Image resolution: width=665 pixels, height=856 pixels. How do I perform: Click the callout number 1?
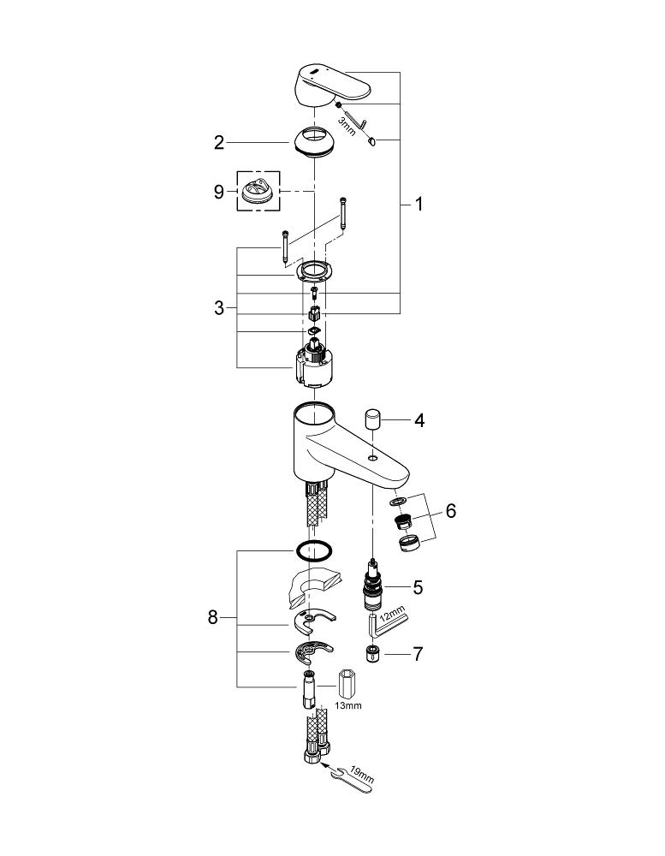pyautogui.click(x=419, y=204)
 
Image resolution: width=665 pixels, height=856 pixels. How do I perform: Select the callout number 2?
pyautogui.click(x=219, y=143)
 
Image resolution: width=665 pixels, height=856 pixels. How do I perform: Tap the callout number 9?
pyautogui.click(x=219, y=192)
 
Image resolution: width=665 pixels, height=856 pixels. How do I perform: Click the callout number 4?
pyautogui.click(x=419, y=420)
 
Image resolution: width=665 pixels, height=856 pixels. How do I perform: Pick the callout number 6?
pyautogui.click(x=451, y=511)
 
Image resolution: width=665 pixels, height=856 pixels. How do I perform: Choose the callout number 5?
pyautogui.click(x=419, y=587)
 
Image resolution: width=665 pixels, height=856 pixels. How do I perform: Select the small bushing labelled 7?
pyautogui.click(x=372, y=655)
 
